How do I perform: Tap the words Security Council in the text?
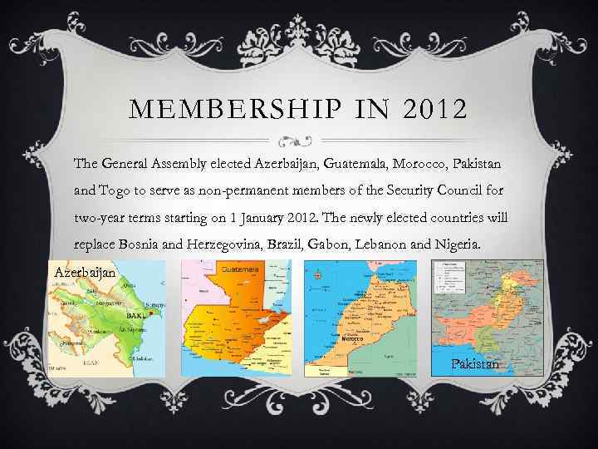coord(431,191)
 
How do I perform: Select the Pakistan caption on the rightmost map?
coord(475,364)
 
